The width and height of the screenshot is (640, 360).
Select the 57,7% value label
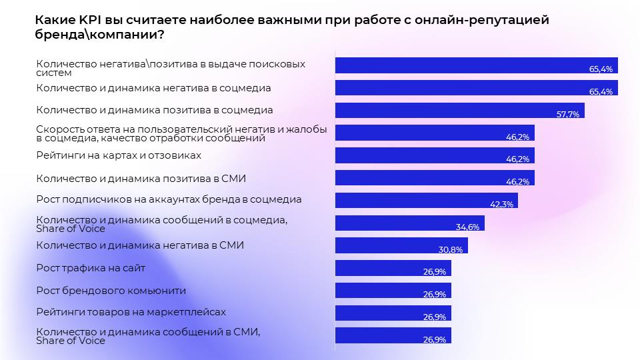pos(568,115)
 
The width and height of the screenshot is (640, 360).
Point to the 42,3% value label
pos(502,205)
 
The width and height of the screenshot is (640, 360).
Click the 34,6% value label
pos(468,227)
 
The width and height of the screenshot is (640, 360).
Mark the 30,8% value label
pos(452,249)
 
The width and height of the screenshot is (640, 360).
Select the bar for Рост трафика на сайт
pos(393,268)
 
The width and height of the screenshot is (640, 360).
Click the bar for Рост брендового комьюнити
pos(393,291)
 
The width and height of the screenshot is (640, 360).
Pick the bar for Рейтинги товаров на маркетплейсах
pos(393,313)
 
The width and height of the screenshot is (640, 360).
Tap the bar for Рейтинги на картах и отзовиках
pos(434,155)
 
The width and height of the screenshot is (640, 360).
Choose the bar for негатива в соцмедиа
pos(476,88)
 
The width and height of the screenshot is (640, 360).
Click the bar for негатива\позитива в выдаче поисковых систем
pos(476,65)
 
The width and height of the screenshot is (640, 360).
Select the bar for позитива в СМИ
pos(434,178)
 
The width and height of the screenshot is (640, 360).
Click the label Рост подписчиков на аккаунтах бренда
pos(169,199)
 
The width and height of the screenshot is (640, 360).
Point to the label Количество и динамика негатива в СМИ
pos(140,245)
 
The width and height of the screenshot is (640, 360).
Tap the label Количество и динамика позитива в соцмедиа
pos(154,109)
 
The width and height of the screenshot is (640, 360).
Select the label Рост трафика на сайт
pos(90,268)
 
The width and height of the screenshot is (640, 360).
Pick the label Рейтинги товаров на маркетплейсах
pos(131,312)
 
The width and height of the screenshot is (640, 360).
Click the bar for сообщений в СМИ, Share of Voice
pos(393,335)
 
